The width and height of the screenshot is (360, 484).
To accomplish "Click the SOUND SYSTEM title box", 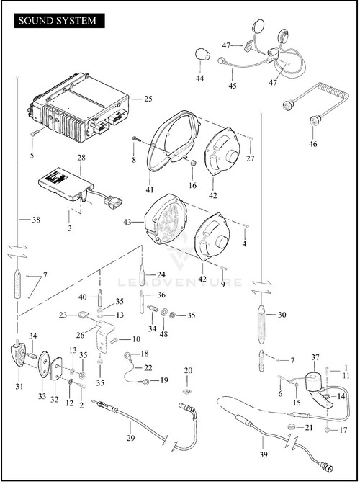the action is (x=59, y=21).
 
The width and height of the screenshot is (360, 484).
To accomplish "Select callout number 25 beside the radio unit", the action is (x=148, y=99).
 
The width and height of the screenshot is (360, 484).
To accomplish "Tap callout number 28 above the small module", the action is (x=81, y=158).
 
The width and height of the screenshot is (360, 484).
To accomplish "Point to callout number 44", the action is (x=199, y=79).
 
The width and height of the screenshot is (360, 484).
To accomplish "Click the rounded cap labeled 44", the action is (x=202, y=55).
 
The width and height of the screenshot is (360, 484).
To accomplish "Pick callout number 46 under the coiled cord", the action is (x=312, y=144).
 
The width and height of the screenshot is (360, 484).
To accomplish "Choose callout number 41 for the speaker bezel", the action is (x=150, y=189).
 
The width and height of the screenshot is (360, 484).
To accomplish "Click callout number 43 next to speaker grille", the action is (x=127, y=222).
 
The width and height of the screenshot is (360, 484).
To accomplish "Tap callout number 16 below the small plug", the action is (x=192, y=186).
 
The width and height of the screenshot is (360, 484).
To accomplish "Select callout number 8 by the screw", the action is (x=134, y=160).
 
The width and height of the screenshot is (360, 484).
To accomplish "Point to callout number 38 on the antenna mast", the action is (x=36, y=220).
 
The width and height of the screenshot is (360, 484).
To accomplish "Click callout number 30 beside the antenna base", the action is (x=282, y=315).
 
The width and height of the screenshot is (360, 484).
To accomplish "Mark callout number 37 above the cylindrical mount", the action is (x=315, y=357).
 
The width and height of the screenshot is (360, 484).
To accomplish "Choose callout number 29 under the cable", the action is (x=130, y=438).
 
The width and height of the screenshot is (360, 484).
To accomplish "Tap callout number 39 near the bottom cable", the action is (x=263, y=454).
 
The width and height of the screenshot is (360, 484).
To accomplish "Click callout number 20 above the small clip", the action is (x=188, y=370).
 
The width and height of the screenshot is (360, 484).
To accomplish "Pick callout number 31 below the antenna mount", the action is (x=19, y=386).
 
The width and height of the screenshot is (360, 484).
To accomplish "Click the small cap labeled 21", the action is (x=291, y=426).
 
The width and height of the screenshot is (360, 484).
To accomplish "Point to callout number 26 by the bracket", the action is (x=80, y=335).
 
